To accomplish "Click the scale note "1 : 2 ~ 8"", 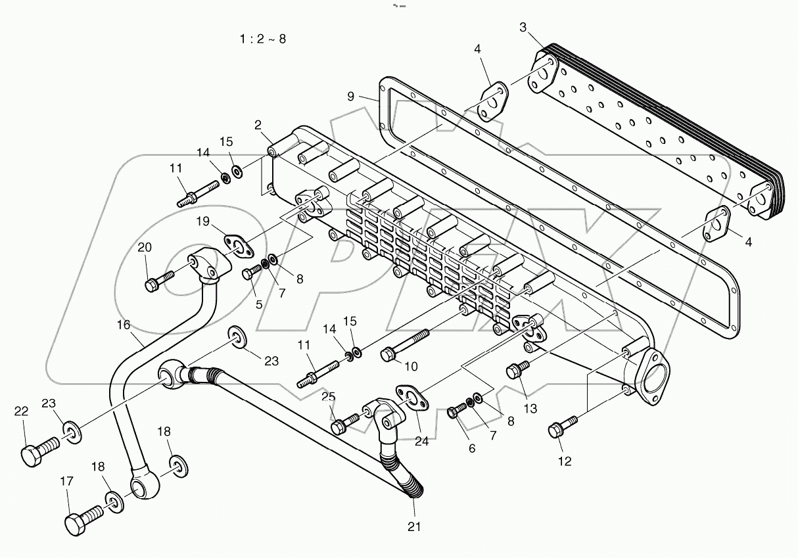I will coord(262,39).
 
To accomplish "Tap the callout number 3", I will coord(523,27).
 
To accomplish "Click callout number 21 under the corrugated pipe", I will coord(413,526).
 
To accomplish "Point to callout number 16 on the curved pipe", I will coord(124,324).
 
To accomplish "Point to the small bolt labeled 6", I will coord(457,410).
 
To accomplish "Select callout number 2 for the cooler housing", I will coord(258,124).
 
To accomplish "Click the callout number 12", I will coord(565,461).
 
